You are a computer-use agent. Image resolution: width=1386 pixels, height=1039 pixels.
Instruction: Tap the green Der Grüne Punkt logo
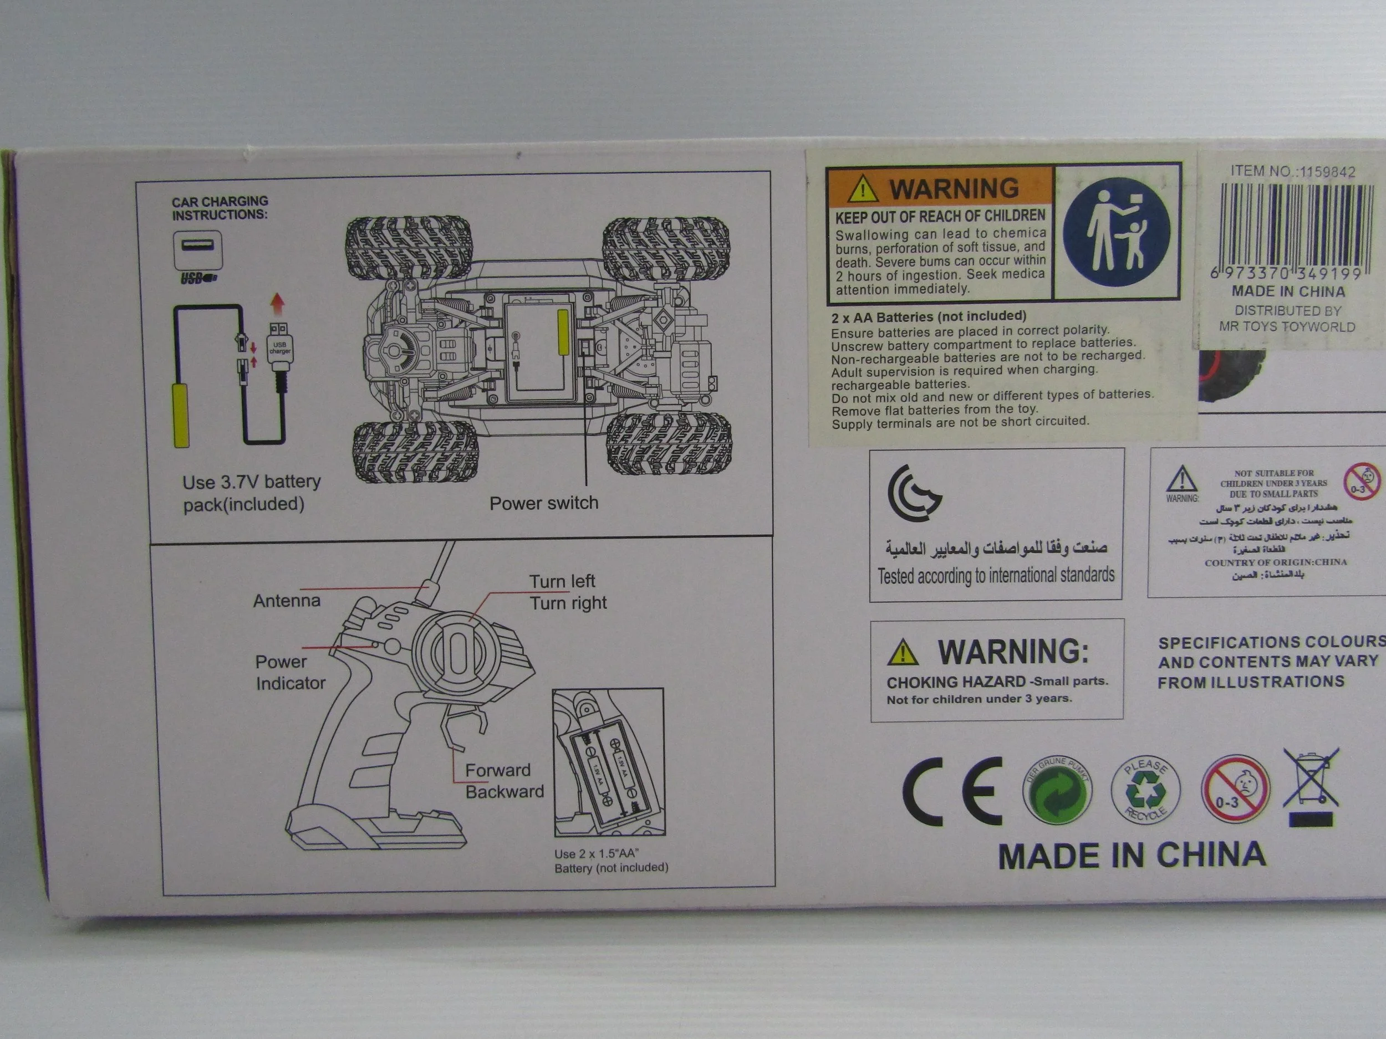click(1057, 791)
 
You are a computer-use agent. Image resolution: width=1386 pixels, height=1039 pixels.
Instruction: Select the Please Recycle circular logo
click(1145, 790)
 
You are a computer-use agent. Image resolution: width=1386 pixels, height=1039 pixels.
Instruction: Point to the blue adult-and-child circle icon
click(1117, 232)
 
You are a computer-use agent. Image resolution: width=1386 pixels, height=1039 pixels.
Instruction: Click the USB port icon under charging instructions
click(197, 249)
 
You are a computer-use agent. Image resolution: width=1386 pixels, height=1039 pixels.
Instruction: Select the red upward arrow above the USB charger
click(278, 304)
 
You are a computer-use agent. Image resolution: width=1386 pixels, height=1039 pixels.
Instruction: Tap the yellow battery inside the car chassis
click(563, 332)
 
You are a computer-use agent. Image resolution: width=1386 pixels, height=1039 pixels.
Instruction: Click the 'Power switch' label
click(543, 503)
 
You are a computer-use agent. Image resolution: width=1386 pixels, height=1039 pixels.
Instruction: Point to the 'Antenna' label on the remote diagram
click(287, 601)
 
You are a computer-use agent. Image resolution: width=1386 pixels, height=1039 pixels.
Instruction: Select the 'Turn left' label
click(562, 581)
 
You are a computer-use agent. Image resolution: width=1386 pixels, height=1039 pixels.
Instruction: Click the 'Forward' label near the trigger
click(497, 770)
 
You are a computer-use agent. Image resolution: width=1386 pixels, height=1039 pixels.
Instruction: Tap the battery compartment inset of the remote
click(608, 762)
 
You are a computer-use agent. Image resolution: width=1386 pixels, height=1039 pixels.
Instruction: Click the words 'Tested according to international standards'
click(996, 575)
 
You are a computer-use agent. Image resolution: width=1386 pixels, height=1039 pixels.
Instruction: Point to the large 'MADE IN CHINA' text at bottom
click(1132, 856)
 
